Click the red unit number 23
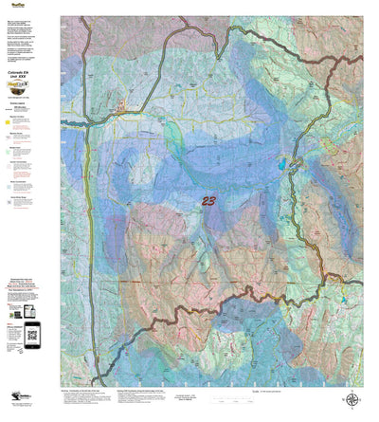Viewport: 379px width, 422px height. pyautogui.click(x=208, y=200)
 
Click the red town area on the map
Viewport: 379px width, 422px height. pyautogui.click(x=121, y=119)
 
